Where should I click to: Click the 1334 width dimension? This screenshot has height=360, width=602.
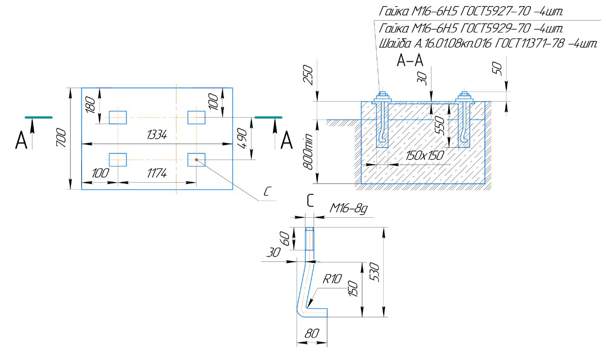(157, 136)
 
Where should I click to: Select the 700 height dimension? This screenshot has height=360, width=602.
(62, 138)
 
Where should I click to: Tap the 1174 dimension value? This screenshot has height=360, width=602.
(156, 174)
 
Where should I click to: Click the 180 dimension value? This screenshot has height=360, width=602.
(91, 105)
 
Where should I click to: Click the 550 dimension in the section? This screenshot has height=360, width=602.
(441, 125)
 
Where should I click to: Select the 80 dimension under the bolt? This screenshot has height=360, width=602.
(311, 334)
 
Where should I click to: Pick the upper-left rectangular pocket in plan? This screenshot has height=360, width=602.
(117, 117)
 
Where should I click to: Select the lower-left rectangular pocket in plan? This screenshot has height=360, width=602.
(117, 159)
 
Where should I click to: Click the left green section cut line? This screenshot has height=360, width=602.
(39, 117)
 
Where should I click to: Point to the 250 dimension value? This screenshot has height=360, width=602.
(308, 75)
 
